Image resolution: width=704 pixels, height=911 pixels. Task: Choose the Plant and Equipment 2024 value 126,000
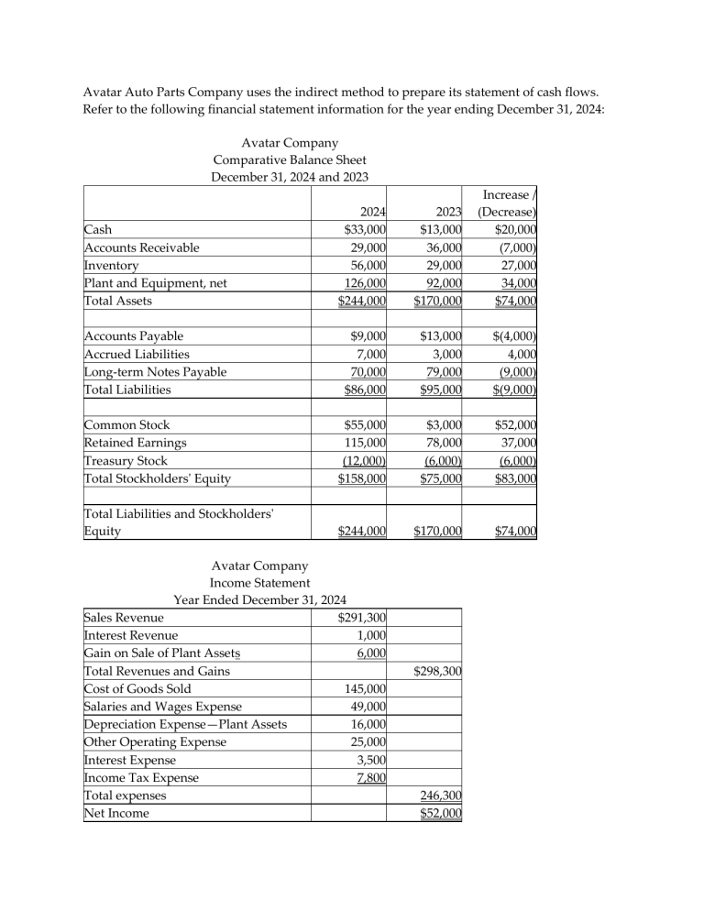[x=360, y=281]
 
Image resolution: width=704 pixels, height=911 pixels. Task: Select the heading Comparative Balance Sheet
[x=290, y=159]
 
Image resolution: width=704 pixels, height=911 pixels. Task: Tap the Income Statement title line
[x=259, y=582]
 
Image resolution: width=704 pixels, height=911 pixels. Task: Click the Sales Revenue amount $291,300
[x=359, y=618]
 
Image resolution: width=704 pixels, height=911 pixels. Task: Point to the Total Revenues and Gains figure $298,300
[x=437, y=672]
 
